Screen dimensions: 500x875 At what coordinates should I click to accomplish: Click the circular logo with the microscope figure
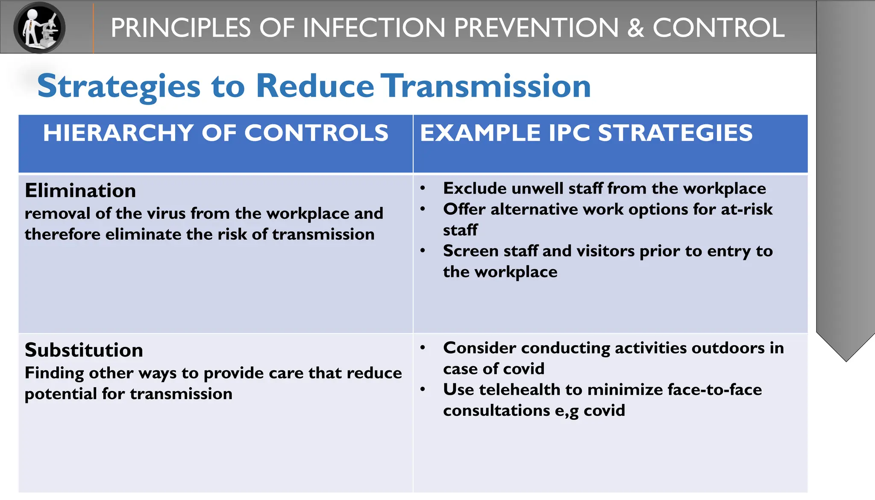[x=39, y=27]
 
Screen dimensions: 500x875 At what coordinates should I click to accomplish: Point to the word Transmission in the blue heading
[x=486, y=86]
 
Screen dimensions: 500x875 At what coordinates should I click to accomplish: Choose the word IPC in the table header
[x=570, y=133]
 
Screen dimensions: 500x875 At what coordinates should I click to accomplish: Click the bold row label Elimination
[x=80, y=191]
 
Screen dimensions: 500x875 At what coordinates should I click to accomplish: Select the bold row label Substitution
[x=84, y=350]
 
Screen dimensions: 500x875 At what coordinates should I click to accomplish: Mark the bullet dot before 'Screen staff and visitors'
[x=423, y=251]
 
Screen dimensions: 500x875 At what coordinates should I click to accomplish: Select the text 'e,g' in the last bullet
[x=567, y=411]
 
